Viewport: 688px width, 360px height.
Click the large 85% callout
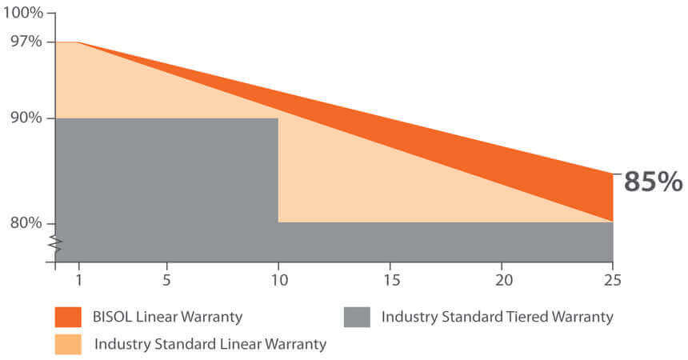[x=653, y=182]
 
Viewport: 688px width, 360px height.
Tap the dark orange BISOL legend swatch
[x=68, y=317]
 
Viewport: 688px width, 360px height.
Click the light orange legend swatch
[x=68, y=345]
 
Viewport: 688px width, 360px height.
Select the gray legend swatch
[x=356, y=317]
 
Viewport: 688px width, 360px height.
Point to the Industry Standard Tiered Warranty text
[x=497, y=317]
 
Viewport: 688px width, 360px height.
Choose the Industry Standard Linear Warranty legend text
[x=210, y=345]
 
